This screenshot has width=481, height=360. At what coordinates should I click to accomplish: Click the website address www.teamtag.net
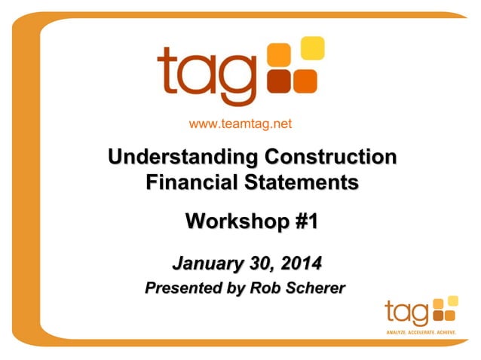(240, 124)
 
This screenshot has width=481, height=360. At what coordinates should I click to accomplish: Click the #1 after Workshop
(303, 222)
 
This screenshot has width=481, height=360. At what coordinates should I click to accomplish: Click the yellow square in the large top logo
(312, 48)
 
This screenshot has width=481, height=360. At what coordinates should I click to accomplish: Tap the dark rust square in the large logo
(280, 81)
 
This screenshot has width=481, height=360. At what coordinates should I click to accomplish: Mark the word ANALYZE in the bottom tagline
(397, 331)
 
